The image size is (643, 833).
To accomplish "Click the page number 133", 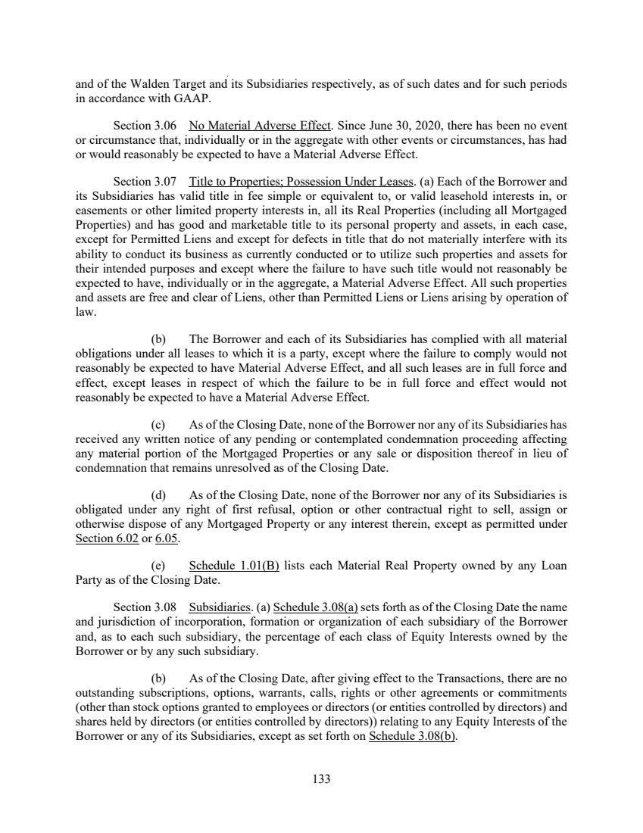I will coord(321,778).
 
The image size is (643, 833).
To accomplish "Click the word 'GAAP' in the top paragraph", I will coord(156,97).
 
